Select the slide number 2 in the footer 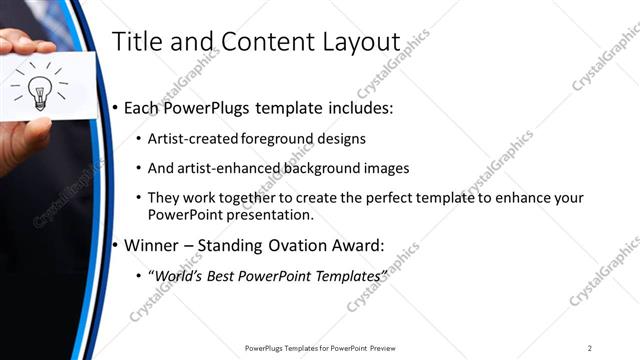(x=590, y=348)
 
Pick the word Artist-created (x=192, y=139)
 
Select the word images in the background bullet (x=386, y=168)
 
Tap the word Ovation (x=306, y=243)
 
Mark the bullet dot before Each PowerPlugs (x=116, y=108)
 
